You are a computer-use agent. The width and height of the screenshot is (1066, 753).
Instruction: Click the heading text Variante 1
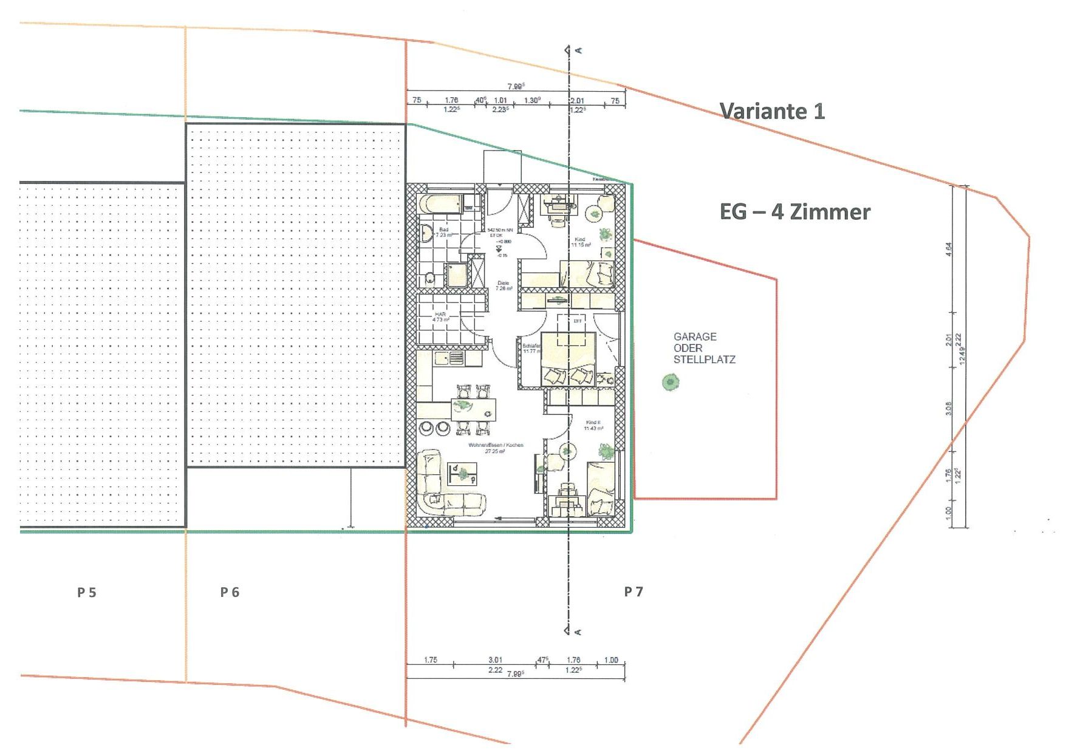(x=772, y=111)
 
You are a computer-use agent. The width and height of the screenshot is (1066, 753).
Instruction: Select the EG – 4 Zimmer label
(x=794, y=212)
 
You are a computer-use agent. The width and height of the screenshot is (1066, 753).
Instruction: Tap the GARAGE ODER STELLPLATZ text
(x=704, y=348)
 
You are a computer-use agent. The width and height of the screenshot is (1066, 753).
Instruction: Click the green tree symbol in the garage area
(x=670, y=382)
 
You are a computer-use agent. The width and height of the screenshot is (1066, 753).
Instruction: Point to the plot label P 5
(x=87, y=593)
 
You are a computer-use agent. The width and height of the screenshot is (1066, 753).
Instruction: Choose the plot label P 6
(x=230, y=593)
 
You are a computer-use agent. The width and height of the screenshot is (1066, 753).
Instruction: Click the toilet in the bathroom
(x=430, y=279)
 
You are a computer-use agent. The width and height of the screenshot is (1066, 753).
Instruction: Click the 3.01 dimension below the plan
(x=495, y=660)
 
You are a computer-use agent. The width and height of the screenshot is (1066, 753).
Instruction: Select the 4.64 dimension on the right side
(x=949, y=250)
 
